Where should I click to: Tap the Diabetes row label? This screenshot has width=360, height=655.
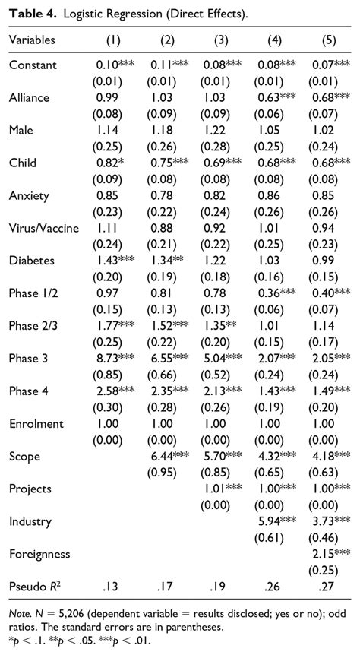point(30,261)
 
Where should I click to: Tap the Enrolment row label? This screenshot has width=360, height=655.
point(36,423)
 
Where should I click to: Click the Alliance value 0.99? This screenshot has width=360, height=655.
point(109,98)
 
